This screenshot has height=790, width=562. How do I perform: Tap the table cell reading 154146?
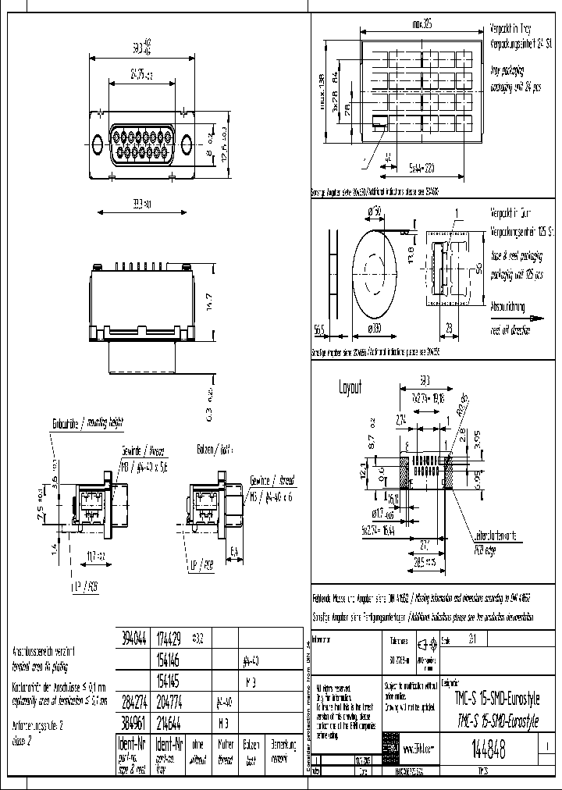pos(171,659)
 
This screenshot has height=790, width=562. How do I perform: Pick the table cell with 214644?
pos(171,721)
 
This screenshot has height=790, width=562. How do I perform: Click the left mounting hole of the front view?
pos(98,145)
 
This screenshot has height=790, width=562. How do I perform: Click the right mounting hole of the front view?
pos(188,145)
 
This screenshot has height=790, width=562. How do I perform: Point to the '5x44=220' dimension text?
pos(421,167)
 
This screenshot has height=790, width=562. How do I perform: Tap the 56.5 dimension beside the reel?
pos(319,329)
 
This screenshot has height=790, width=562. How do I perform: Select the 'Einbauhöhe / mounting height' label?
pos(87,422)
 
